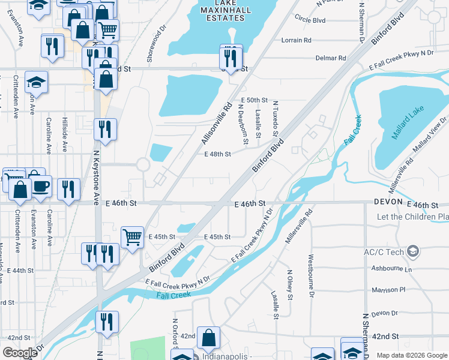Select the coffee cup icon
tap(41, 188)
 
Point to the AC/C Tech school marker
tap(412, 251)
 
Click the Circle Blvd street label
tap(310, 20)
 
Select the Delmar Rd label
tap(331, 58)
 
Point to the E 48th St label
tap(217, 154)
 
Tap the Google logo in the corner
tap(20, 352)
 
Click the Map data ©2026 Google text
tap(412, 355)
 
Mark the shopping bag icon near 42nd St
tap(208, 338)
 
